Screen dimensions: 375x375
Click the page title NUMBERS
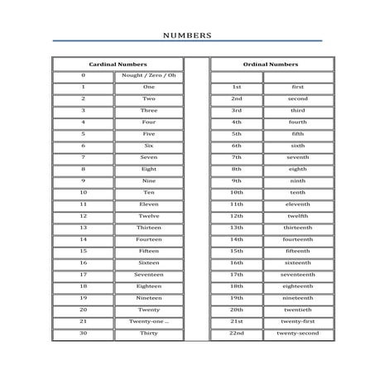click(187, 36)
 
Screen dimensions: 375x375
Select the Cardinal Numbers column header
click(118, 64)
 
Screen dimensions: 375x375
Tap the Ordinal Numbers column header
click(271, 64)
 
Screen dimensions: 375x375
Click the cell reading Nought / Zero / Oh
click(149, 75)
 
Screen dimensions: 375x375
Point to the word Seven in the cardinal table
click(149, 156)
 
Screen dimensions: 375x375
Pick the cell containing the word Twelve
click(149, 215)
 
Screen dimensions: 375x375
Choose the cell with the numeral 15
click(84, 251)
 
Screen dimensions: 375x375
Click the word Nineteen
click(149, 297)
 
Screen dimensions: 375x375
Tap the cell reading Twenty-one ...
click(149, 321)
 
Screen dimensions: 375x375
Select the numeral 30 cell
click(84, 333)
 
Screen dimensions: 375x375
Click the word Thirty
click(149, 333)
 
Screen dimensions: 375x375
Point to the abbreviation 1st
click(237, 87)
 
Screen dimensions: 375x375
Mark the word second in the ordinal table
click(298, 99)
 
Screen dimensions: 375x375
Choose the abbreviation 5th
click(237, 133)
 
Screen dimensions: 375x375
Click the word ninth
click(298, 180)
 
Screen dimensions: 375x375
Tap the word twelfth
click(298, 215)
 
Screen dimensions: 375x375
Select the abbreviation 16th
click(237, 262)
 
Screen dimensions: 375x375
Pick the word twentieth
click(298, 310)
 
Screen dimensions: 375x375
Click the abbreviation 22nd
click(237, 333)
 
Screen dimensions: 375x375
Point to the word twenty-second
click(298, 333)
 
